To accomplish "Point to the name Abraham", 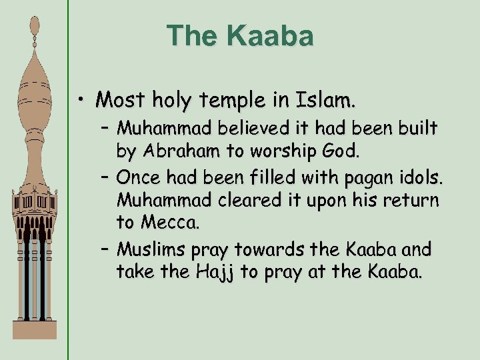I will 187,151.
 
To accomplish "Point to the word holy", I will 173,101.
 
